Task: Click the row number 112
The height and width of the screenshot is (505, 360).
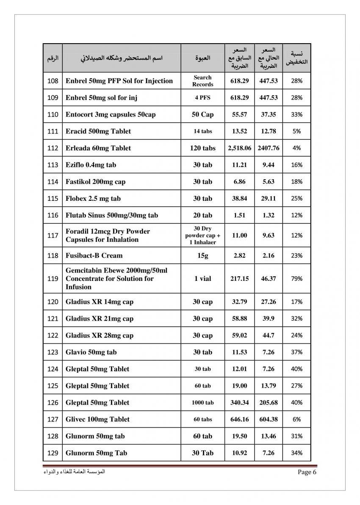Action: [53, 148]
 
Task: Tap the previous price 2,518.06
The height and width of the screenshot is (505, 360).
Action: [239, 148]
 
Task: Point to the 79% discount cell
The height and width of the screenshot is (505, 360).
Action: [296, 279]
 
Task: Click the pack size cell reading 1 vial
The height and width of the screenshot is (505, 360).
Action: [202, 279]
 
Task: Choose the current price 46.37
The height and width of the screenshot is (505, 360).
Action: [268, 279]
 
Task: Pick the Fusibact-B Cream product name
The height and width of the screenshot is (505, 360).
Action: [94, 255]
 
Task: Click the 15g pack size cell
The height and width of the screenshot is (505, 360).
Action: [202, 255]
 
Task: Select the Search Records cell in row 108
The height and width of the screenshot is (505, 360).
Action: [202, 80]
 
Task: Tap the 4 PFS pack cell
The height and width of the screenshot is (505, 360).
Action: [202, 97]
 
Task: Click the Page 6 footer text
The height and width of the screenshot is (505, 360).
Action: [307, 472]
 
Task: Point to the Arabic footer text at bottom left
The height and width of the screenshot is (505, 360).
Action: [74, 472]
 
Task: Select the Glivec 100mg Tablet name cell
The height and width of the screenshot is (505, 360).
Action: [97, 419]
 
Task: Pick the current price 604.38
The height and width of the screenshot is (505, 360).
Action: [268, 419]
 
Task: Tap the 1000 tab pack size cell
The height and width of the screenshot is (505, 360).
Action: [202, 402]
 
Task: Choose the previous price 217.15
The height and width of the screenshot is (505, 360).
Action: [239, 279]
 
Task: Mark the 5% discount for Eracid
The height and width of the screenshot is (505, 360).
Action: [296, 131]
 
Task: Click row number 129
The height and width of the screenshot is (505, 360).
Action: [53, 453]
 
